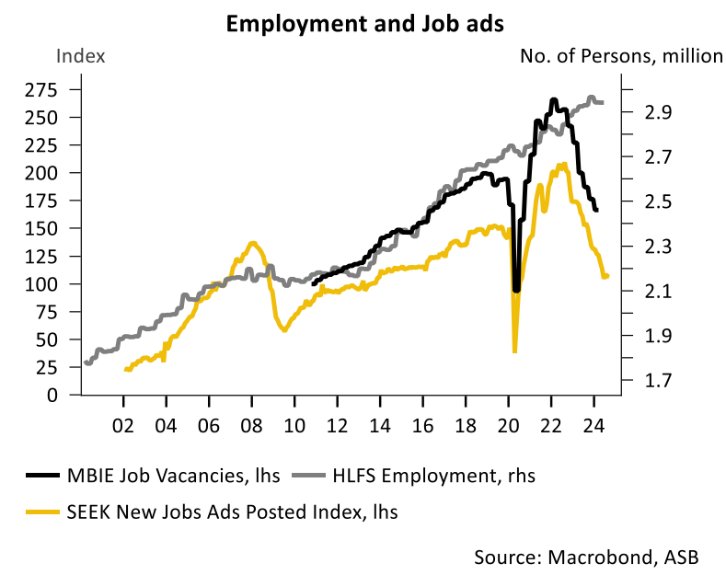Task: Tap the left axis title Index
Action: coord(82,56)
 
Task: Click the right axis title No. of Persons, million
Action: coord(621,56)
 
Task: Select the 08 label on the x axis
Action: coord(251,427)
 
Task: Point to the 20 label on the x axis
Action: coord(508,427)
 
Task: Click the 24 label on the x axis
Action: coord(593,427)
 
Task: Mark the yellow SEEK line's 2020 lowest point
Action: coord(514,351)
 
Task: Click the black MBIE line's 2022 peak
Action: coord(553,99)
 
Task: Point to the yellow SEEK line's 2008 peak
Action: coord(253,243)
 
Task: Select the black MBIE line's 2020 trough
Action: coord(516,290)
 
